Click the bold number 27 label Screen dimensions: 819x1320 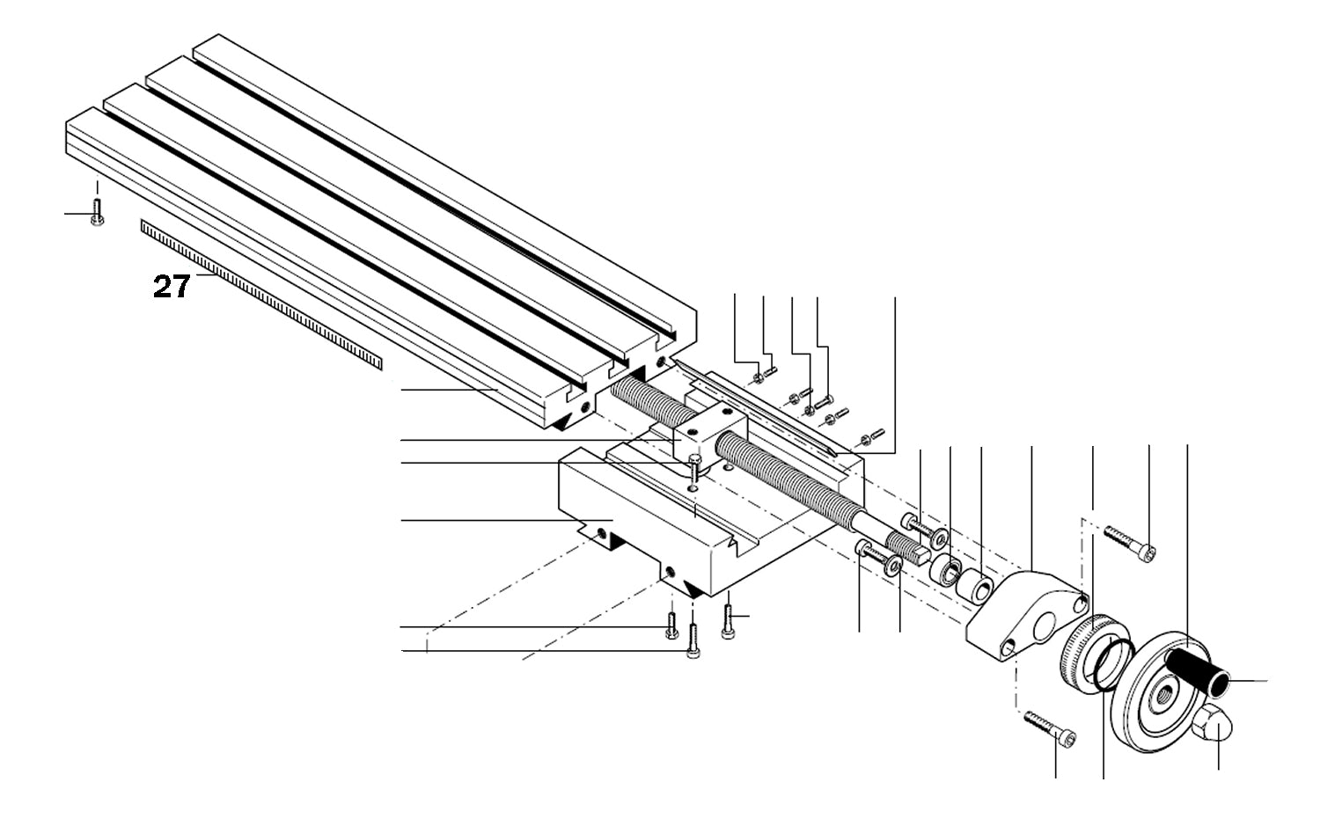pos(171,287)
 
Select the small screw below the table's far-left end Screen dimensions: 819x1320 pos(97,212)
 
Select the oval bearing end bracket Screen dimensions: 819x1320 pos(1025,616)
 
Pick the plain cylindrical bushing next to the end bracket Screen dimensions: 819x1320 pos(975,587)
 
